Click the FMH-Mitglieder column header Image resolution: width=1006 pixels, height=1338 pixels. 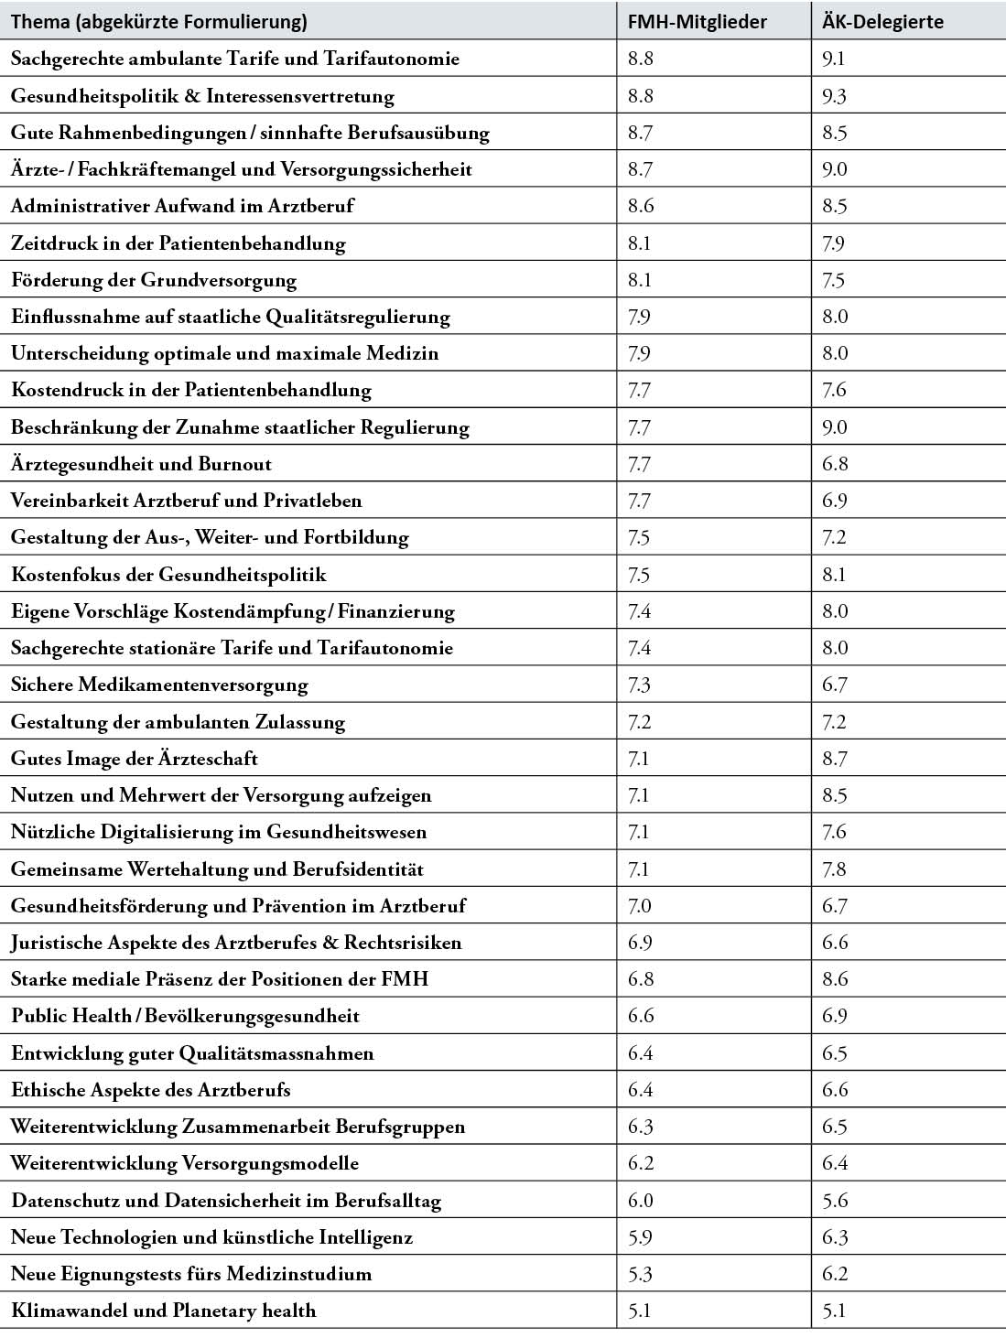(x=698, y=21)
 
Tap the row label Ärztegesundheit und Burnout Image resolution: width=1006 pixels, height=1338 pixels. (x=141, y=464)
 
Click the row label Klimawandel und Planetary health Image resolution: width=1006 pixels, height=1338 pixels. (x=163, y=1311)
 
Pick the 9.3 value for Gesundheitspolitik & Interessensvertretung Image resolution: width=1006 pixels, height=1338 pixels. (x=834, y=96)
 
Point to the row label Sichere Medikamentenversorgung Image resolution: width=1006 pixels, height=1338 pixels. (x=159, y=685)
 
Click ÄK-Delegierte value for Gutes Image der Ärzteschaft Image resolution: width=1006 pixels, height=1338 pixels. (x=834, y=759)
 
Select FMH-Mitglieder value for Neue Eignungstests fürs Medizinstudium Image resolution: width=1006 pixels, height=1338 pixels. (x=640, y=1274)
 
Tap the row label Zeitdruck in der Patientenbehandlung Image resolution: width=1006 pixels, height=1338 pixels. (x=178, y=243)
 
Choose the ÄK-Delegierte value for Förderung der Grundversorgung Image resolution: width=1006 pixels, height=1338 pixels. (x=833, y=280)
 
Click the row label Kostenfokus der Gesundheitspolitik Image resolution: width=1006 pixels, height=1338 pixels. (x=168, y=575)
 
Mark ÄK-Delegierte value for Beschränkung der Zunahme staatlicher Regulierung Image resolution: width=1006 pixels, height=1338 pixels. (x=834, y=427)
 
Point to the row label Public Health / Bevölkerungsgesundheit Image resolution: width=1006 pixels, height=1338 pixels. (x=185, y=1016)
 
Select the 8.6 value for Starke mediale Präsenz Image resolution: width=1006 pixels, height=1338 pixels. (x=834, y=979)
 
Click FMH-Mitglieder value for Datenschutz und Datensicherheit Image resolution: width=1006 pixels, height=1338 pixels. (x=640, y=1201)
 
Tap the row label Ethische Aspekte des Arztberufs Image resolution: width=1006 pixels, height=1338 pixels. (x=150, y=1090)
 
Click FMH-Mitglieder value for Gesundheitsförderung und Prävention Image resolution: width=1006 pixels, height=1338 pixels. (x=640, y=906)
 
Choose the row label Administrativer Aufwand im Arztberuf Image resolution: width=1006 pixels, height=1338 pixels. (x=182, y=206)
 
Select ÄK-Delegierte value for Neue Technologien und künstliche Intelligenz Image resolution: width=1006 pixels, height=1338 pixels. (x=834, y=1237)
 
